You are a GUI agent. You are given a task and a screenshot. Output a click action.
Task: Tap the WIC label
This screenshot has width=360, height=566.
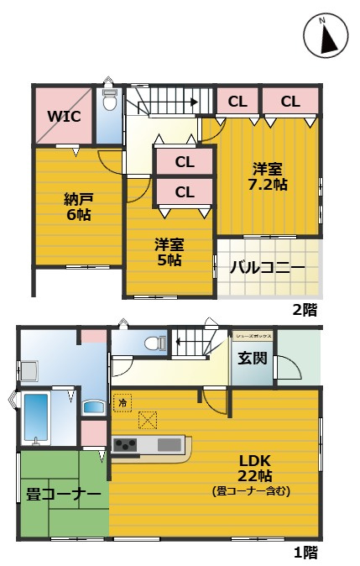coord(64,116)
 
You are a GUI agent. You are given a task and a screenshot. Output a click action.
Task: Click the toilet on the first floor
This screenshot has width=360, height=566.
coord(153,343)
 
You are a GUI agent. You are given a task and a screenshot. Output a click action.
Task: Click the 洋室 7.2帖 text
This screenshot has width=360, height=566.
coord(268,174)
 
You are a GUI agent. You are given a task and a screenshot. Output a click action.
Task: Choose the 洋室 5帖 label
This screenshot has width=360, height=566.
coord(169,251)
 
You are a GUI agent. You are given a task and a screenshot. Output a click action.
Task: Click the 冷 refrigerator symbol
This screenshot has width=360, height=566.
coord(121,402)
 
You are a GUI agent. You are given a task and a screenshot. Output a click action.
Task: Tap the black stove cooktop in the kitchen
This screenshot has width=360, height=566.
coord(126,444)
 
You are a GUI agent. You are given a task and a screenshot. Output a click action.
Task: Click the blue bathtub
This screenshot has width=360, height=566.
coord(36,417)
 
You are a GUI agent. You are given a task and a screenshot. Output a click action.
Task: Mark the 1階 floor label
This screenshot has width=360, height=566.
coord(305,552)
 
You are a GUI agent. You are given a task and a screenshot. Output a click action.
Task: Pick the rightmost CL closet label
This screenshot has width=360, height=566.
coord(290,102)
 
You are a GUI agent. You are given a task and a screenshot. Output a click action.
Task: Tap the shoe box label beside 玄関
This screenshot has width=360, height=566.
coord(253,333)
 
